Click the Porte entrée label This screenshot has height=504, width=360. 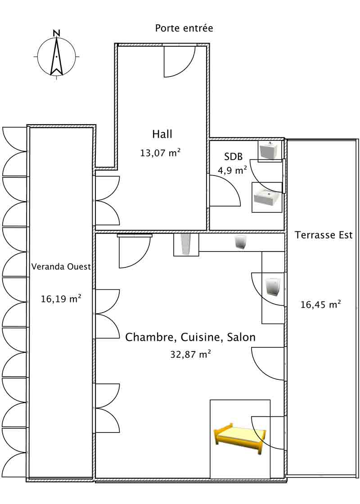(184, 28)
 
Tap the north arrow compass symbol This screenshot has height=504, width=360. (56, 57)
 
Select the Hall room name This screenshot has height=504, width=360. (162, 134)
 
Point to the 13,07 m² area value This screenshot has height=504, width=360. (161, 153)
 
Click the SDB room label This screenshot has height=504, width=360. (234, 157)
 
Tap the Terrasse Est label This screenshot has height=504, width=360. (324, 235)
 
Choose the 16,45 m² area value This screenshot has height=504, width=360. (320, 305)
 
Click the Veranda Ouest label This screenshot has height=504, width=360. (61, 266)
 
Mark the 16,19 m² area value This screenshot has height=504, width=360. (61, 298)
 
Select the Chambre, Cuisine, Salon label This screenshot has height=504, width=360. (190, 337)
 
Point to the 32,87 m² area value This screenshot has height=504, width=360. (190, 354)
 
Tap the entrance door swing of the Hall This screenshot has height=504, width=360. (179, 61)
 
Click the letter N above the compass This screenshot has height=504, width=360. (56, 33)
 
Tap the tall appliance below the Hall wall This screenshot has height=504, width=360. (186, 245)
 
